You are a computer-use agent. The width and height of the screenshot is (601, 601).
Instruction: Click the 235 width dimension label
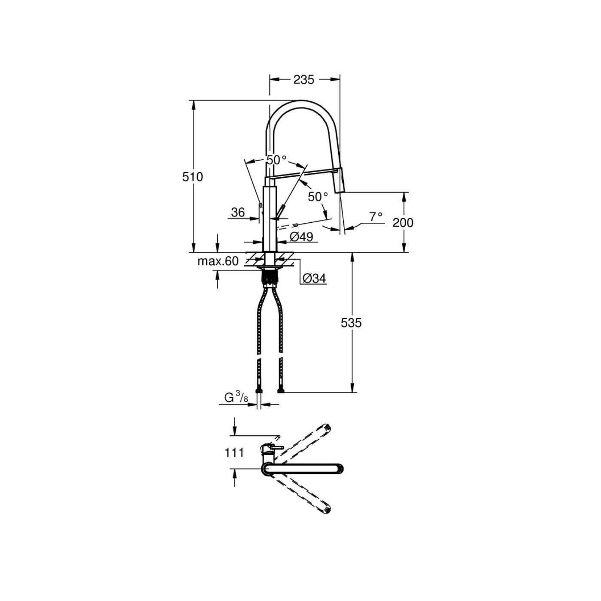pos(304,79)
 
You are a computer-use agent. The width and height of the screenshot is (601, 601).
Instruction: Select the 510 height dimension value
pos(192,176)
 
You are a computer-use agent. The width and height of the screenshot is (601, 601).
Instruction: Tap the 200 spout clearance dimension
pos(403,222)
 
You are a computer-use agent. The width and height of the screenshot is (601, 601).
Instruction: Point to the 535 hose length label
pos(351,322)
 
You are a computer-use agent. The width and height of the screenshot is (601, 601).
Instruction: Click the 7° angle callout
pos(376,217)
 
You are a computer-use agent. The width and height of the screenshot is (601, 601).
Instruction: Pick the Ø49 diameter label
pos(301,237)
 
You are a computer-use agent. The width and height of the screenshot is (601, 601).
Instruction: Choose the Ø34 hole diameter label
pos(314,279)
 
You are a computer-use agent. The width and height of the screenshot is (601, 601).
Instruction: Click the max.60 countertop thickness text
pos(218,261)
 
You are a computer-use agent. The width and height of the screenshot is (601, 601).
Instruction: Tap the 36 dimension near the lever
pos(238,212)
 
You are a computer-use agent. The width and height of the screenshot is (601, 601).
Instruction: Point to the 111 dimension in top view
pos(234,452)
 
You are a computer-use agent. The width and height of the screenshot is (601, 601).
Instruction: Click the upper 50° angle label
pos(276,160)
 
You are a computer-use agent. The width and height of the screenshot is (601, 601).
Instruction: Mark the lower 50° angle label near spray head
pos(318,197)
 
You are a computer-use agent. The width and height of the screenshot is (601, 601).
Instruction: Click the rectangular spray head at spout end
pos(340,182)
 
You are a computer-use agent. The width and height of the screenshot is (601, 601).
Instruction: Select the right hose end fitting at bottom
pos(281,391)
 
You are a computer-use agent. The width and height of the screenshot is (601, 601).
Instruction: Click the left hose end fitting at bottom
pos(258,391)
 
